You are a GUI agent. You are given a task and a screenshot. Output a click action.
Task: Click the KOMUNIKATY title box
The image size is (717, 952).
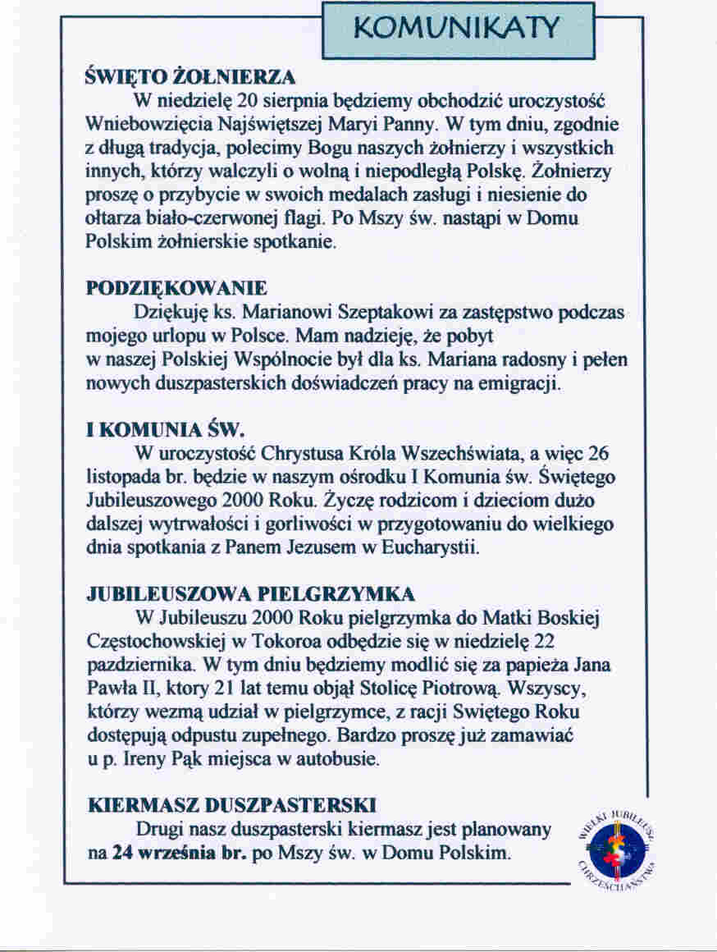(458, 30)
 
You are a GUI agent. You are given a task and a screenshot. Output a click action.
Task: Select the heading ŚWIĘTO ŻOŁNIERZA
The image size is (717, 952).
(190, 80)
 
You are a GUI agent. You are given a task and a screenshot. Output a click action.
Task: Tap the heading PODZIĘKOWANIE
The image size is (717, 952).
(177, 289)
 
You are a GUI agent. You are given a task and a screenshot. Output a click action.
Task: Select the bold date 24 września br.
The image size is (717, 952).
(174, 853)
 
